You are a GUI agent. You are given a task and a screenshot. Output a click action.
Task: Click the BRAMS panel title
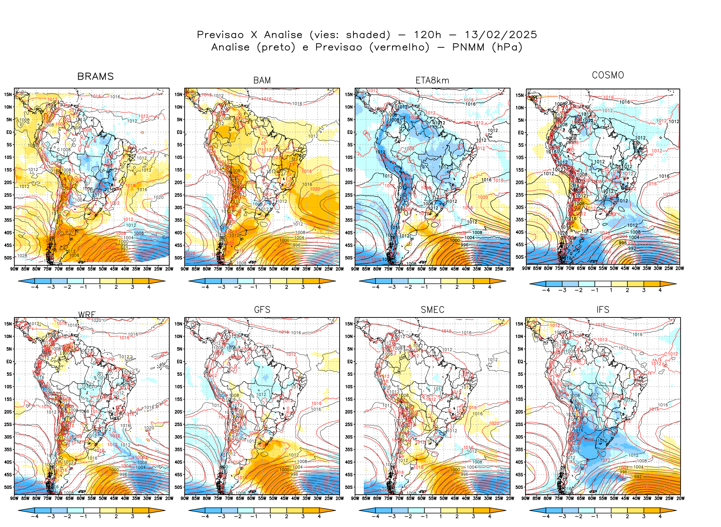(95, 76)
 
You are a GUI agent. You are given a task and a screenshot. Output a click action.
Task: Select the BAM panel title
(262, 80)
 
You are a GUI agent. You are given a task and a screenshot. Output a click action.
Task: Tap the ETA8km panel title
(432, 80)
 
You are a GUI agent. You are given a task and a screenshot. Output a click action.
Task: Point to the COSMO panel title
(608, 75)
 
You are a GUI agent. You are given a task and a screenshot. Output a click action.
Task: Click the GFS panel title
(262, 310)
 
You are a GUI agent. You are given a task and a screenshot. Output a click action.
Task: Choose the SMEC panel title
(432, 310)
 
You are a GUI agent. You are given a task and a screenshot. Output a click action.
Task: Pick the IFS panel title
(603, 310)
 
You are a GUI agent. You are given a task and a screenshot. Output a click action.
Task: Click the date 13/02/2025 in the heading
(501, 35)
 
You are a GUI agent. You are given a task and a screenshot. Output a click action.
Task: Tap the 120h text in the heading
(428, 35)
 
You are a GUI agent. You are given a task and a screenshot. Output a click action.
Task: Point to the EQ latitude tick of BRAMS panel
(9, 132)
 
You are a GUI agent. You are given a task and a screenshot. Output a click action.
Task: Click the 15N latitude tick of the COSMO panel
(519, 95)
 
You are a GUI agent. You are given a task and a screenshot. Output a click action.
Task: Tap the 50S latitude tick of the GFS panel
(178, 487)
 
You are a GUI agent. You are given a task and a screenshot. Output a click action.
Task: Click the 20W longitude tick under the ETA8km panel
(510, 269)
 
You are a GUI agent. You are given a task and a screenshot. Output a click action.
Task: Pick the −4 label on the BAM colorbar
(205, 287)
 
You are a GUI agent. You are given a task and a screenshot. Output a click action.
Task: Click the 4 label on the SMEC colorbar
(490, 516)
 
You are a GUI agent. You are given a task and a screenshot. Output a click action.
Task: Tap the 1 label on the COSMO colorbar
(611, 290)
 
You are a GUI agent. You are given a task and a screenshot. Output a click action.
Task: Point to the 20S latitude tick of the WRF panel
(8, 412)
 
